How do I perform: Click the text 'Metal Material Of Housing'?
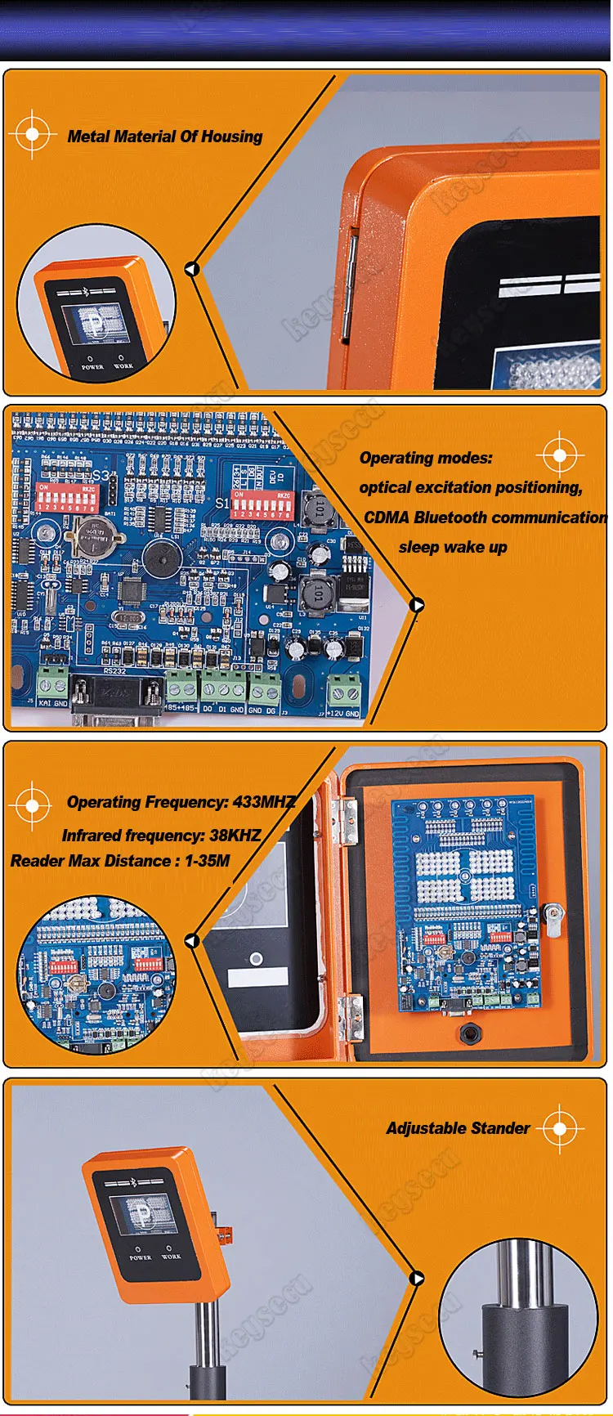[164, 137]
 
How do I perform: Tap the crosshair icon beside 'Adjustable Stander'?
[561, 1129]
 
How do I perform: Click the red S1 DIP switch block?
[261, 504]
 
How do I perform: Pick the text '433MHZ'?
[264, 802]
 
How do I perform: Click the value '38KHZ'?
[235, 836]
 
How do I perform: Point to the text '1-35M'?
[207, 861]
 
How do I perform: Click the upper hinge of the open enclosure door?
[348, 820]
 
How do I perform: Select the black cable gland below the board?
[470, 1033]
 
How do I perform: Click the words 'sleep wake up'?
[453, 547]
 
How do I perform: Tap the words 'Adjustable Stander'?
[458, 1128]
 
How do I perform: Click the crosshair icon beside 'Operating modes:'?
[560, 455]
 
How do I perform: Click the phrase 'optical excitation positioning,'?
[471, 487]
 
